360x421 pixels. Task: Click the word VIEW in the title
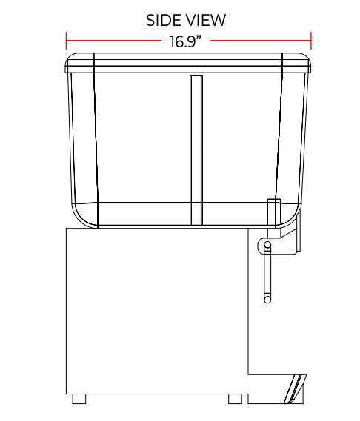(x=205, y=21)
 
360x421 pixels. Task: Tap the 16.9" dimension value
(x=185, y=41)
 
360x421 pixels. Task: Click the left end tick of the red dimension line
(x=66, y=41)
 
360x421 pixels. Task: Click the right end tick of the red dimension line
(x=311, y=41)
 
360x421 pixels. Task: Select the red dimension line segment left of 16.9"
(x=113, y=41)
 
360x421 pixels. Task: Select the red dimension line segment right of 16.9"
(x=261, y=41)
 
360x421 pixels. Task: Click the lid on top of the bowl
(x=188, y=63)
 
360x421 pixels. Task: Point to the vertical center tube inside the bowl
(x=196, y=150)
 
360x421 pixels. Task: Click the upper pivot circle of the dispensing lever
(x=267, y=245)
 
